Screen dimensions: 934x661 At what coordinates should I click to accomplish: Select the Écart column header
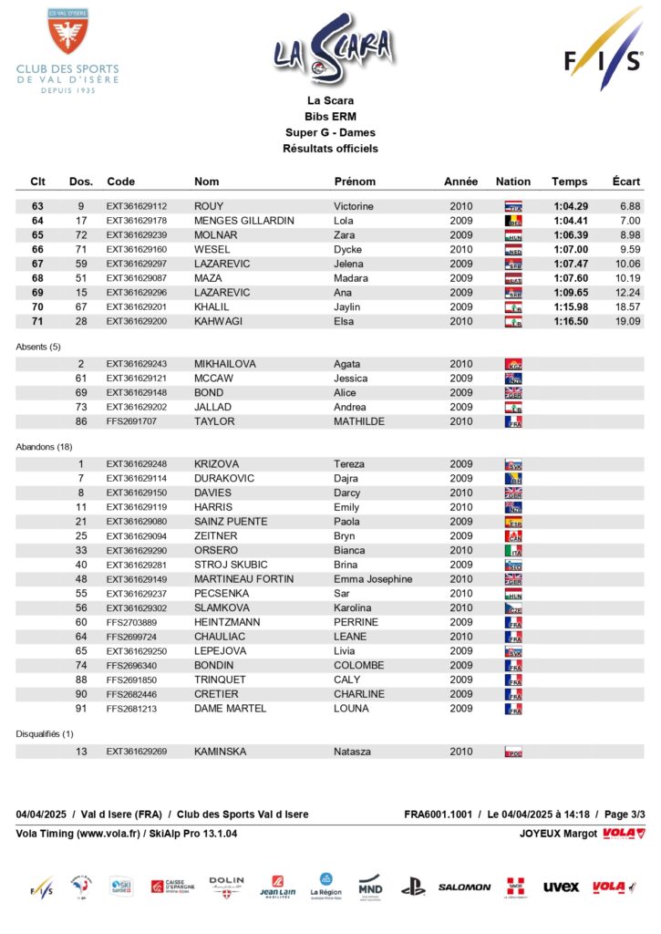tap(625, 182)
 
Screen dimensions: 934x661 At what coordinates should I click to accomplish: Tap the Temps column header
tap(570, 182)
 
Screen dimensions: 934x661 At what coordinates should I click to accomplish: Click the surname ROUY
tap(209, 206)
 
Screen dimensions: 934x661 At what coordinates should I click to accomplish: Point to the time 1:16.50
tap(571, 321)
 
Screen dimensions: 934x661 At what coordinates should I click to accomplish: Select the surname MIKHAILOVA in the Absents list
tap(225, 364)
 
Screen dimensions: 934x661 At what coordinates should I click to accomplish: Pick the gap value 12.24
tap(627, 293)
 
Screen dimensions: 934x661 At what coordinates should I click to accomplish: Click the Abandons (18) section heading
tap(45, 446)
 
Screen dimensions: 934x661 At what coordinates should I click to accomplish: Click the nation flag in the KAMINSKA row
tap(513, 752)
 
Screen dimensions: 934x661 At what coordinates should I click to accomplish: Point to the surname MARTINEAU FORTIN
tap(244, 579)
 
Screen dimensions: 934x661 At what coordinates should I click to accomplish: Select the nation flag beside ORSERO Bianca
tap(513, 551)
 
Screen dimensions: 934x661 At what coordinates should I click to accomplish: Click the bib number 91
tap(81, 709)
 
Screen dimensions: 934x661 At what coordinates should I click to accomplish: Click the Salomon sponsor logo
tap(464, 887)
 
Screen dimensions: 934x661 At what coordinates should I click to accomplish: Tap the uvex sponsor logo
tap(561, 887)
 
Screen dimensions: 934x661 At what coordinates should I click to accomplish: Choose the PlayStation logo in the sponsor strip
tap(413, 887)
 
